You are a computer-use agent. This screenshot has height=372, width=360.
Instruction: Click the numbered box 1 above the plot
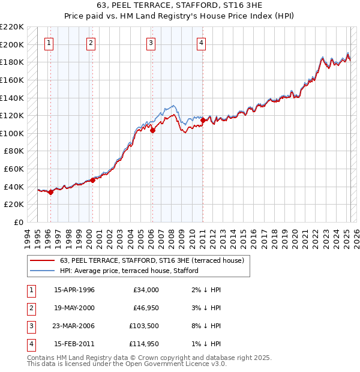coord(49,43)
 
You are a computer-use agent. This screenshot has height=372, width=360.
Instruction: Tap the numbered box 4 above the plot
coord(201,43)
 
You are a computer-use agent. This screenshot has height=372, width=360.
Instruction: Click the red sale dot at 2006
coord(152,130)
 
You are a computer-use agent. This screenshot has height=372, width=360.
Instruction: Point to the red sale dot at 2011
coord(203,120)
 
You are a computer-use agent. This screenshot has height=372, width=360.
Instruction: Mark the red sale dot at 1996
coord(51,192)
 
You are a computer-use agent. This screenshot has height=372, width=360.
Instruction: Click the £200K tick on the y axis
coord(12,44)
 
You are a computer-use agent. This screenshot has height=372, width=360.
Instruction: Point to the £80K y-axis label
coord(14,151)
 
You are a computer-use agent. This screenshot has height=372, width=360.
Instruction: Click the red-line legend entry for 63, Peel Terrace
coord(152,261)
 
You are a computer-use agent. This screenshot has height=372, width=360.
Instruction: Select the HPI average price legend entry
coord(129,271)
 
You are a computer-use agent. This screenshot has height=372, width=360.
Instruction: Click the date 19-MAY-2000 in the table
coord(74,308)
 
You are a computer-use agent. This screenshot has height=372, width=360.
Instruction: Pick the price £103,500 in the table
coord(142,326)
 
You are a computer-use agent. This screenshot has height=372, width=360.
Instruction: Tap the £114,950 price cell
coord(142,344)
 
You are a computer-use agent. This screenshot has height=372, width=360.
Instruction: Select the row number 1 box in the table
coord(31,290)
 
